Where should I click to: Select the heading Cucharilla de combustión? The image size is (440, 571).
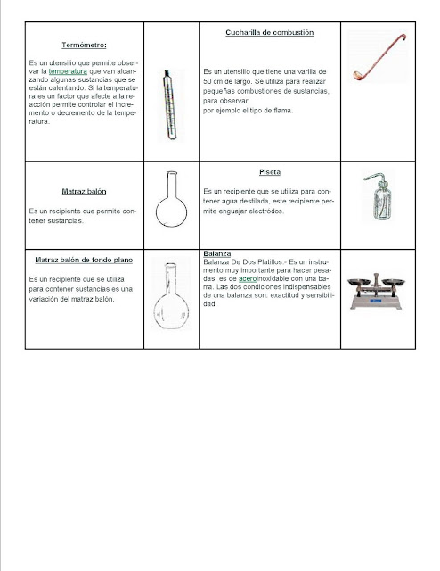tap(268, 32)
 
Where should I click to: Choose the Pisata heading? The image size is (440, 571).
tap(269, 172)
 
